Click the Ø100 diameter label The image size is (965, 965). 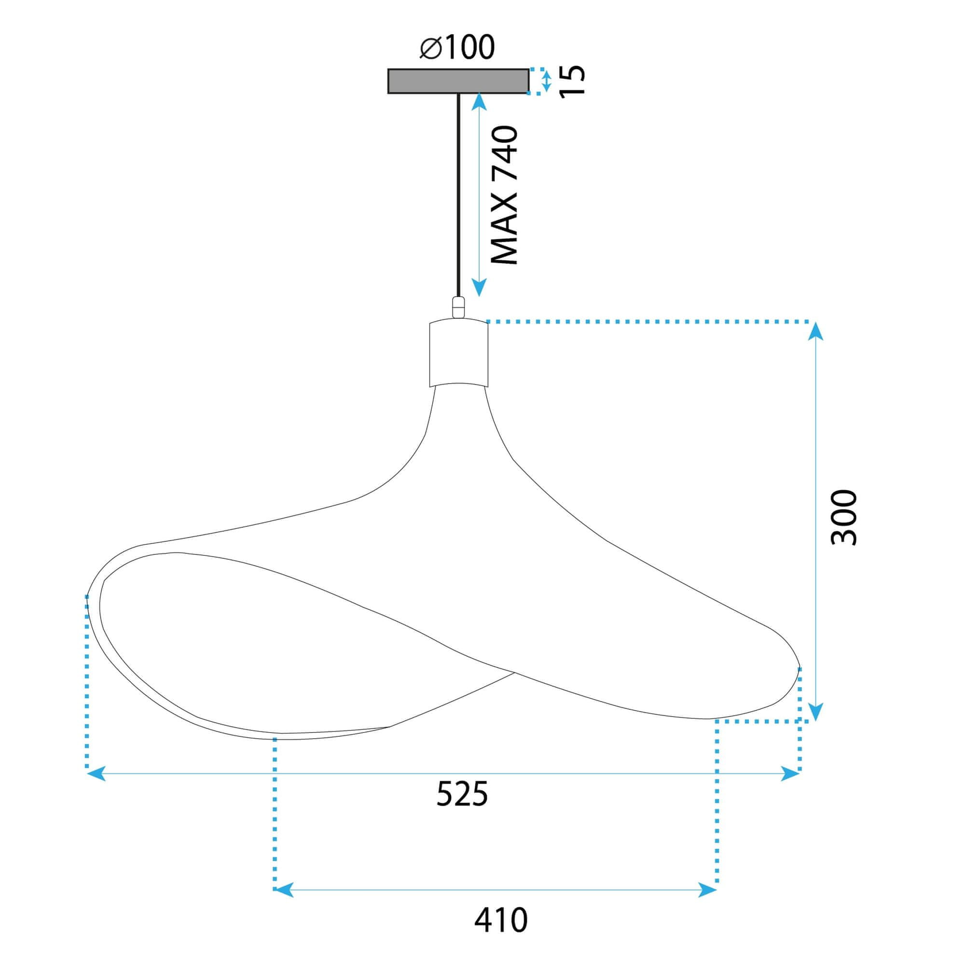pyautogui.click(x=457, y=48)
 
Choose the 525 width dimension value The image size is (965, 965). pyautogui.click(x=462, y=794)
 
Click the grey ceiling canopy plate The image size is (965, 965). pyautogui.click(x=458, y=81)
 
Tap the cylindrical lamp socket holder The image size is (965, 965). pyautogui.click(x=458, y=354)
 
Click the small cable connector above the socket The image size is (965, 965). pyautogui.click(x=458, y=307)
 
